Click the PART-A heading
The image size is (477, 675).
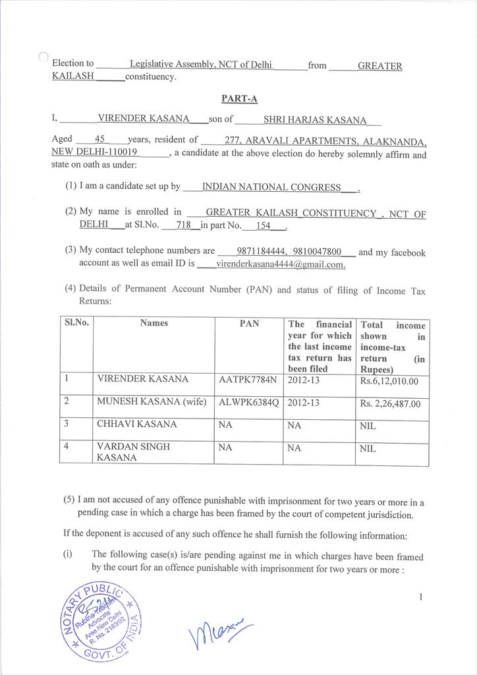tap(239, 99)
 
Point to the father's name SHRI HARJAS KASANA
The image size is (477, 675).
tap(314, 120)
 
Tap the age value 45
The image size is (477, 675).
tap(100, 139)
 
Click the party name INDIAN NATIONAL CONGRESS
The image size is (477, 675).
tap(271, 187)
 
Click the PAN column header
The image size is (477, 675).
tap(249, 324)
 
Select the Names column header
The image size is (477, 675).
tap(154, 323)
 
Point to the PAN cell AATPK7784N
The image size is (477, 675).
tap(249, 380)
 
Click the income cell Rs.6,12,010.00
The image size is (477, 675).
tap(389, 381)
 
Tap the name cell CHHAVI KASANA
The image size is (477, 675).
tap(137, 425)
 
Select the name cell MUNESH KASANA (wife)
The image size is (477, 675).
tap(152, 401)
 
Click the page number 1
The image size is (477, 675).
tap(420, 597)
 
